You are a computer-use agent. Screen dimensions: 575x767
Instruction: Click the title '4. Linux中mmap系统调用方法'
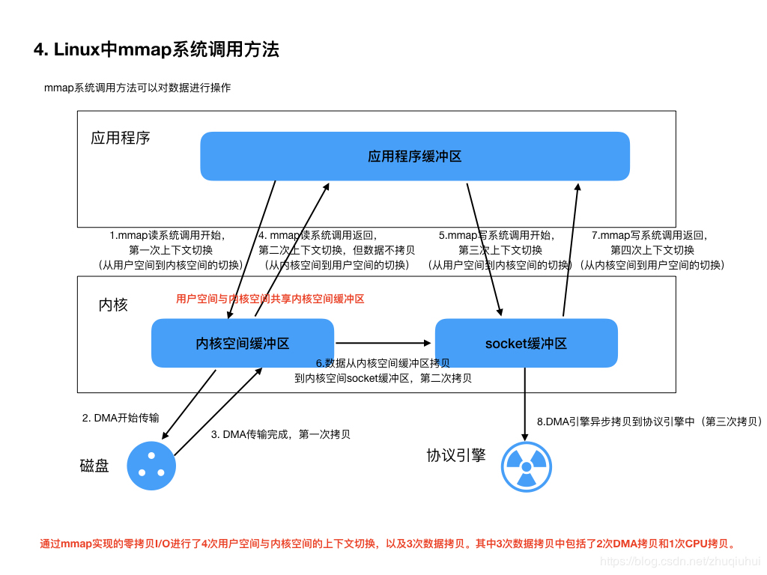click(x=156, y=50)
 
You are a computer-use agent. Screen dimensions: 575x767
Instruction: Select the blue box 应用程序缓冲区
click(x=414, y=156)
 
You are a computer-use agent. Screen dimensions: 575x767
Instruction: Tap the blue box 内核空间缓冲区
click(x=242, y=344)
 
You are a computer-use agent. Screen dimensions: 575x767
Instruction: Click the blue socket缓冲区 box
click(x=526, y=344)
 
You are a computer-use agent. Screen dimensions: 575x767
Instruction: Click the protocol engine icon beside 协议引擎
click(x=526, y=466)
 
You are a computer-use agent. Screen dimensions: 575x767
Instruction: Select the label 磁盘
click(x=94, y=466)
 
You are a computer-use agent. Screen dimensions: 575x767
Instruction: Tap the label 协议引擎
click(x=455, y=455)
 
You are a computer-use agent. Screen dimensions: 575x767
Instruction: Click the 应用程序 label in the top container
click(x=121, y=138)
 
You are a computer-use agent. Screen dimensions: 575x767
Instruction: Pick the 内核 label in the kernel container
click(x=113, y=305)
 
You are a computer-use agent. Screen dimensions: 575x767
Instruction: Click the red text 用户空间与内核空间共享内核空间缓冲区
click(x=270, y=299)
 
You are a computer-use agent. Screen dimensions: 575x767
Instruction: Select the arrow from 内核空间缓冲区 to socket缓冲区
click(x=383, y=343)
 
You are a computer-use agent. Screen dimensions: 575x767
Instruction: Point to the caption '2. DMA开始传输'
click(x=121, y=418)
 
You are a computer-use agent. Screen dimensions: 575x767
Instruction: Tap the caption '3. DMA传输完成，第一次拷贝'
click(x=281, y=434)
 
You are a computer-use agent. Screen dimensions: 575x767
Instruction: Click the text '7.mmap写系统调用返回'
click(x=649, y=235)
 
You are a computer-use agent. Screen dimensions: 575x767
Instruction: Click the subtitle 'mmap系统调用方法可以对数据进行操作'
click(x=137, y=88)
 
